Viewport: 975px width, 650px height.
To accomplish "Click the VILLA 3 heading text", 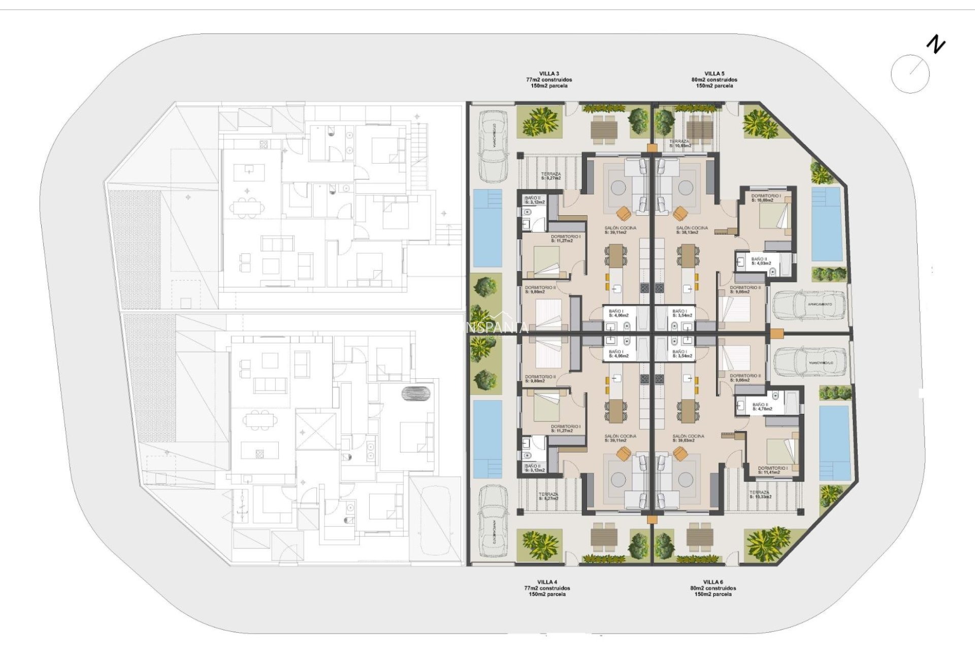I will pos(549,74).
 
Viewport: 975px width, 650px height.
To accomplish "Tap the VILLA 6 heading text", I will pos(713,582).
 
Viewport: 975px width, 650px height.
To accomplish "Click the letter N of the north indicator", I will pos(935,45).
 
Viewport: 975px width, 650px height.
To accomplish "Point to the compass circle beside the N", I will pos(910,74).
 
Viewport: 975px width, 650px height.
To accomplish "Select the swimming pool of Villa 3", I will pos(487,229).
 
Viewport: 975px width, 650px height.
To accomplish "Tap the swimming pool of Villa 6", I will pos(834,443).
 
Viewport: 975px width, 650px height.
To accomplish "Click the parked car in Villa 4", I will pos(494,521).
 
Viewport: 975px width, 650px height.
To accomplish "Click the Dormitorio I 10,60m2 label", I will pos(766,198).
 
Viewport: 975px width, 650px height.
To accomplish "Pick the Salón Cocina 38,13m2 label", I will pos(692,230).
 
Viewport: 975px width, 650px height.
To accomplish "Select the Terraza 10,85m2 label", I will pos(680,144).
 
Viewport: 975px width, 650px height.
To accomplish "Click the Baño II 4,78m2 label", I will pos(762,407).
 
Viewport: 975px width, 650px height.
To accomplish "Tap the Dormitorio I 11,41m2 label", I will pos(772,470).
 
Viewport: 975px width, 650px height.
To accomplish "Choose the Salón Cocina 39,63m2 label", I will pos(688,438).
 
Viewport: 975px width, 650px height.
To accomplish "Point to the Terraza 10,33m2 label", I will pos(760,494).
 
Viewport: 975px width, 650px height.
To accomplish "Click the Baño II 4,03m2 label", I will pos(761,261).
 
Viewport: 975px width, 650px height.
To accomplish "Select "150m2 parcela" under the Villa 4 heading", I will pos(547,594).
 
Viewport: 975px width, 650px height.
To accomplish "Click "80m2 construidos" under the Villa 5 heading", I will pos(714,80).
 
